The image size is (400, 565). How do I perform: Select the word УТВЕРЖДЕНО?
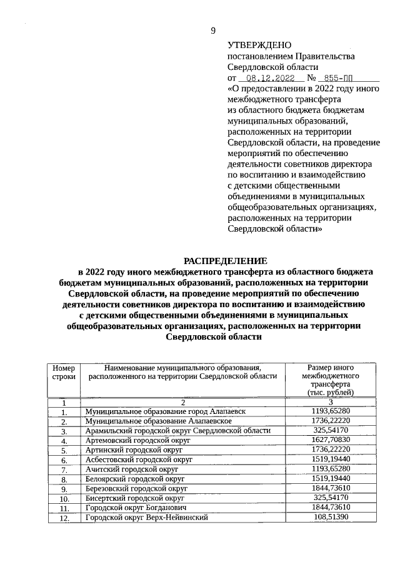[x=259, y=45]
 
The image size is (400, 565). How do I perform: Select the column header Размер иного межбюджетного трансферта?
[x=331, y=380]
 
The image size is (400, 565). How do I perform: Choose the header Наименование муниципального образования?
[x=182, y=372]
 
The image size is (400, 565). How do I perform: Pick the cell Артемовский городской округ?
[x=137, y=440]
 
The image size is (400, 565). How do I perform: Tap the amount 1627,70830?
[x=331, y=440]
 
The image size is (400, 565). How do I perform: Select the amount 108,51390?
[x=331, y=517]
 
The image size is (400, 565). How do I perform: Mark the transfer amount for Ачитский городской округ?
[x=331, y=469]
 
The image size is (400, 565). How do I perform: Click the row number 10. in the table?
[x=64, y=499]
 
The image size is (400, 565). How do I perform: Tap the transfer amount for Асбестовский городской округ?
[x=331, y=459]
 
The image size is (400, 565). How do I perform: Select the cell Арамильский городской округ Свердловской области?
[x=177, y=431]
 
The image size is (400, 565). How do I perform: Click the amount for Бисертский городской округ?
[x=331, y=498]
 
